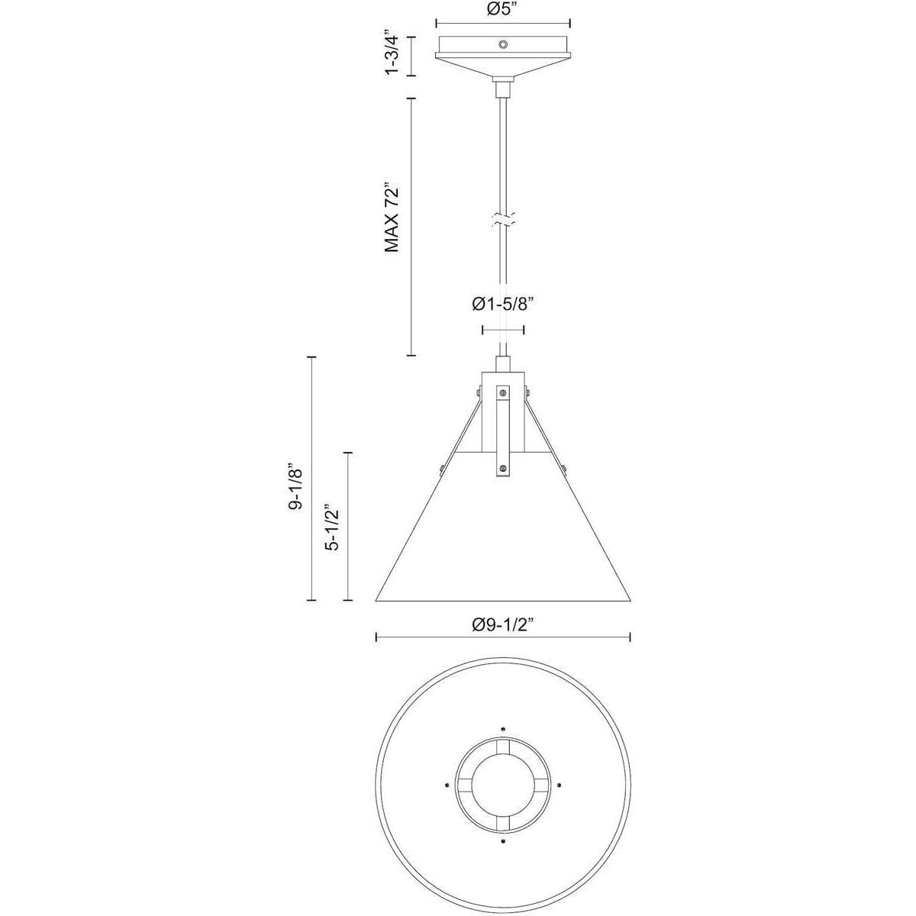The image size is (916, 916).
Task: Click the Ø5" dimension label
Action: [x=503, y=10]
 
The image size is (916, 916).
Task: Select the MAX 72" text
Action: [x=392, y=218]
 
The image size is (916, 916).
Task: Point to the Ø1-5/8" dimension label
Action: [x=502, y=305]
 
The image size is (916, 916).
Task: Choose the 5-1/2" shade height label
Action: [x=331, y=527]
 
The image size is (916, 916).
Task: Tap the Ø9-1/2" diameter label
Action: [x=502, y=624]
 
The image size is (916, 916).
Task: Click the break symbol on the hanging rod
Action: [x=503, y=221]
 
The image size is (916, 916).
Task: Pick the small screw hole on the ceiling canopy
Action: [x=503, y=45]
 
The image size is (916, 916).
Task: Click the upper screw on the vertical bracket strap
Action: [x=503, y=393]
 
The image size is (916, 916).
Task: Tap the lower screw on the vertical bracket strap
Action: [x=503, y=468]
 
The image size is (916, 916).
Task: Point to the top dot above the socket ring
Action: [x=503, y=727]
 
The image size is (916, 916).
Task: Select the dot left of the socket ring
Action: [x=446, y=784]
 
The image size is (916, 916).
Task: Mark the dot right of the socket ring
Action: [x=560, y=784]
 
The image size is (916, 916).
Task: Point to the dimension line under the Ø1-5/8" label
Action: [x=503, y=330]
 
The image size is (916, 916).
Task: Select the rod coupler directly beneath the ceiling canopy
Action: [x=503, y=88]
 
